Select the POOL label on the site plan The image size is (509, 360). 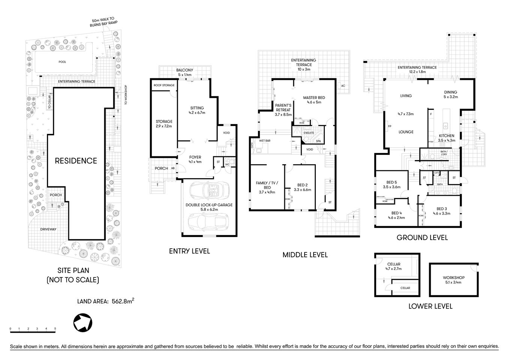point(62,62)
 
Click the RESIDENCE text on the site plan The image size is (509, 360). point(76,161)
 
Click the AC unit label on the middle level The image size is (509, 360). point(343,86)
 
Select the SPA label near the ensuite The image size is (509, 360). point(318,141)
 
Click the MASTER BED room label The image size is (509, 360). point(314,97)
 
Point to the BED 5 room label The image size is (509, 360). point(392,182)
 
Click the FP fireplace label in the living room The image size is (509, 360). point(390,126)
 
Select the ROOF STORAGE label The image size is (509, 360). point(164,85)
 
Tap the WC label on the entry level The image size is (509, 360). point(227,164)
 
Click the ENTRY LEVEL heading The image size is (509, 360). point(189,251)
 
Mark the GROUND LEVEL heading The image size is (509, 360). point(422,237)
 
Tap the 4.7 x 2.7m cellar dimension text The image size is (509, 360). point(394,269)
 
